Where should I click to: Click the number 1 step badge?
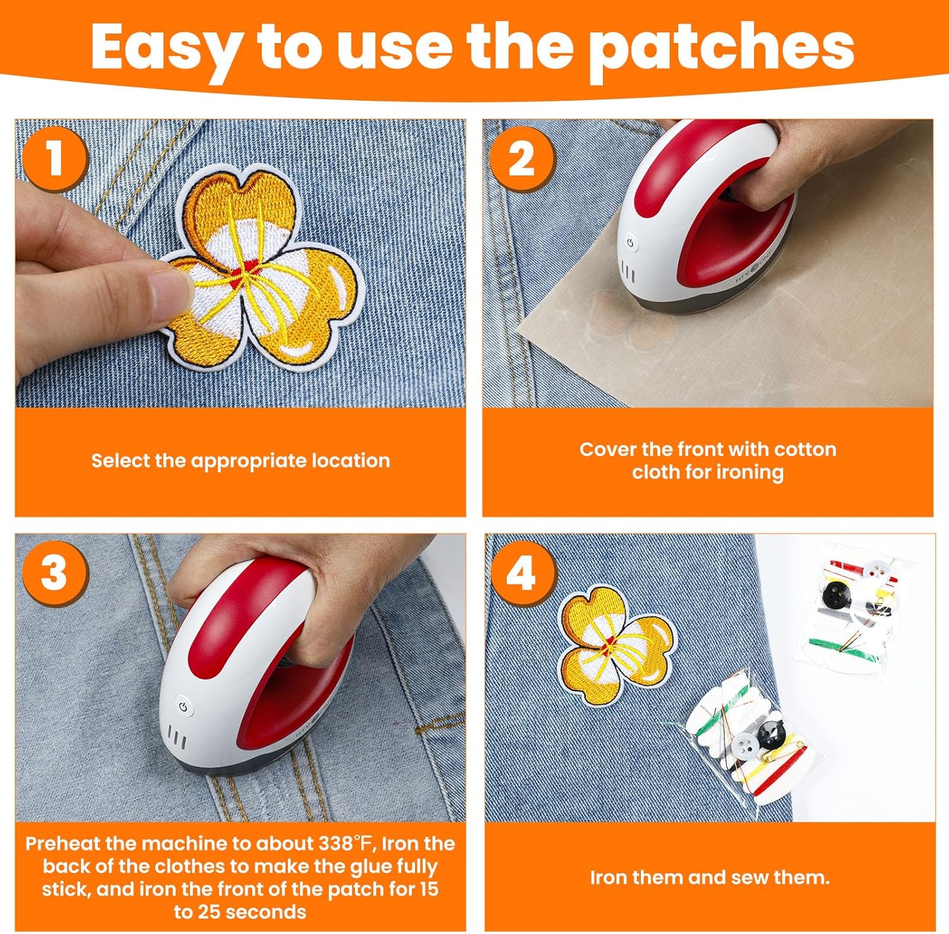(x=55, y=158)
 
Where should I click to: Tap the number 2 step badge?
(x=521, y=160)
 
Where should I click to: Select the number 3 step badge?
(x=54, y=573)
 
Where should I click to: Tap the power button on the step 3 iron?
(x=183, y=707)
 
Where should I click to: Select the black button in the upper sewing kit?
(x=834, y=593)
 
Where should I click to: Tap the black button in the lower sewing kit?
(x=772, y=735)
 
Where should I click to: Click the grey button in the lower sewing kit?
(x=745, y=745)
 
